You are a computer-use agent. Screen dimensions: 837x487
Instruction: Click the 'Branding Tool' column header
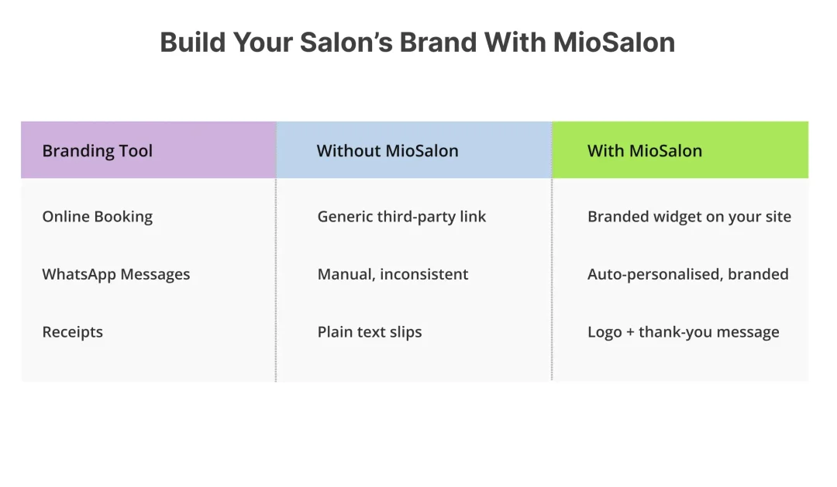tap(97, 151)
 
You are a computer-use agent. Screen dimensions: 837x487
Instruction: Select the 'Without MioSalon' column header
tap(387, 151)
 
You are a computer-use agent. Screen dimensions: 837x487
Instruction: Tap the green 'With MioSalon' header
tap(645, 151)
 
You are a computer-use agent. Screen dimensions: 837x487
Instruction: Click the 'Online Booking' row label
tap(97, 217)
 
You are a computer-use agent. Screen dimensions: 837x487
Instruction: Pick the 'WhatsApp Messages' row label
tap(115, 274)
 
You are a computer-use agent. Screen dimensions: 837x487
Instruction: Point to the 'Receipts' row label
tap(73, 332)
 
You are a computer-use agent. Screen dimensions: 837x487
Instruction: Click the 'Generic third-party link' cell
tap(401, 217)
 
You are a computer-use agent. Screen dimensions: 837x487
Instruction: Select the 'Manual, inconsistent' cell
tap(392, 274)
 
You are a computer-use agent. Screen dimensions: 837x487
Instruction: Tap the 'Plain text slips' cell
tap(370, 332)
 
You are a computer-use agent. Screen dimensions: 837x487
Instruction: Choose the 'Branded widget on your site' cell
tap(689, 217)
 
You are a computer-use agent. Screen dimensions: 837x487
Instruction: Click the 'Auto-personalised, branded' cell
tap(687, 274)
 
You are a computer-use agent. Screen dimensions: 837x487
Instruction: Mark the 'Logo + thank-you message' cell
tap(684, 332)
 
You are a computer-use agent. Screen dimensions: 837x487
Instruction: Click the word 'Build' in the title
tap(193, 42)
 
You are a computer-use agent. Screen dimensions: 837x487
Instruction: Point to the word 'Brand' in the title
tap(438, 42)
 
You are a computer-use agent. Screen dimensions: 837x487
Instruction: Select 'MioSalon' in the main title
tap(614, 42)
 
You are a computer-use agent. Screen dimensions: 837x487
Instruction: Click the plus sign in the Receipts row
tap(630, 332)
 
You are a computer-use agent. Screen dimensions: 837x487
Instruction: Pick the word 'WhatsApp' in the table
tap(79, 274)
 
